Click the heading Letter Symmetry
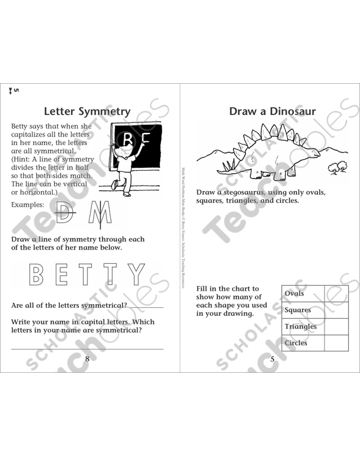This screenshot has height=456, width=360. [x=88, y=111]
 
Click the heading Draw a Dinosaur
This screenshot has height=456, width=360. [x=272, y=111]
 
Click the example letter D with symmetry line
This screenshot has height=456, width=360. [x=62, y=214]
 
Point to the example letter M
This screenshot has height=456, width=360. [x=97, y=214]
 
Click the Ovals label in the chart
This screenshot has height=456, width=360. [x=294, y=293]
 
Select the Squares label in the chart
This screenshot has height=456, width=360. [x=298, y=310]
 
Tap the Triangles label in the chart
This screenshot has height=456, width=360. [x=301, y=326]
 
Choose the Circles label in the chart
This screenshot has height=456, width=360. [x=296, y=343]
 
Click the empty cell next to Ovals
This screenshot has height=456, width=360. [x=336, y=293]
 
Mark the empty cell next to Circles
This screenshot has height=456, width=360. [x=336, y=343]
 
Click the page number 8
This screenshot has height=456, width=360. [x=87, y=359]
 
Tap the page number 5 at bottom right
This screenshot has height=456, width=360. [x=272, y=359]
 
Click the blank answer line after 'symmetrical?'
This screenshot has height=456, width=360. [x=146, y=305]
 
